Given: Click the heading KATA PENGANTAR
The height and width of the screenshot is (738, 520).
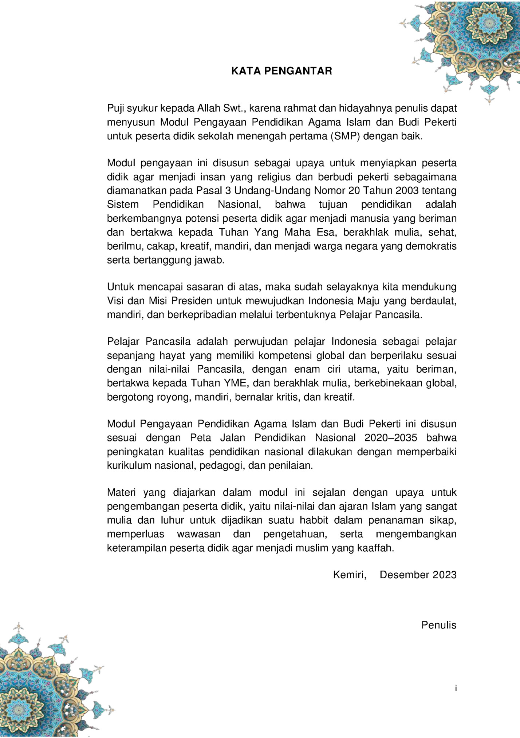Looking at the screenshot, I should [x=281, y=71].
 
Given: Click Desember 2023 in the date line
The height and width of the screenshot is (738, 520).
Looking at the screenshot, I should [x=418, y=575].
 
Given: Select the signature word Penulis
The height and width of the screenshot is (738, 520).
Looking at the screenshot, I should [x=438, y=625].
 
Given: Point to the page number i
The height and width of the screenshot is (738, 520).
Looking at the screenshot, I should [x=456, y=688].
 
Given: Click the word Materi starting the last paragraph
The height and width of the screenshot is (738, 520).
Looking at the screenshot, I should [x=121, y=493].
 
